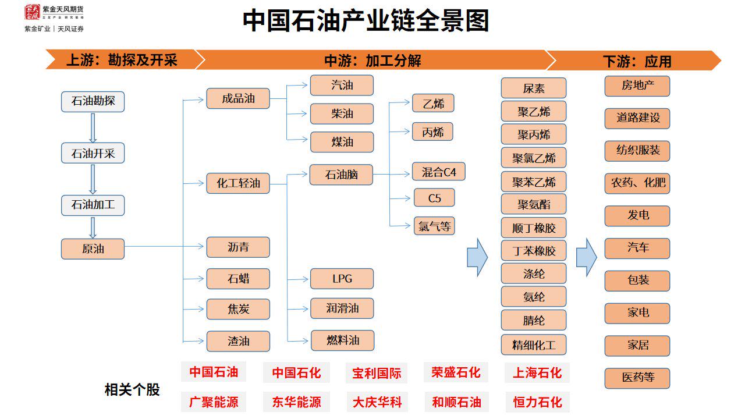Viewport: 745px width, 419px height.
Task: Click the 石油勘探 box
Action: (x=93, y=101)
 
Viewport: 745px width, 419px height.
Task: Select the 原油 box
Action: (x=93, y=249)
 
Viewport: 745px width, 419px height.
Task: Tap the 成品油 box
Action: (x=238, y=98)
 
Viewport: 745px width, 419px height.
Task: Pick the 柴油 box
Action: (x=342, y=114)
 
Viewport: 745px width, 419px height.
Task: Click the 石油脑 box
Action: (x=341, y=175)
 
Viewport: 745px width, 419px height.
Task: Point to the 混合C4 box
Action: (x=438, y=172)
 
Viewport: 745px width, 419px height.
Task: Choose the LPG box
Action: (x=342, y=279)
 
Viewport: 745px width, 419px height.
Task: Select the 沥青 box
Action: (x=238, y=247)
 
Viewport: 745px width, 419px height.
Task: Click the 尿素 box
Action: (x=533, y=88)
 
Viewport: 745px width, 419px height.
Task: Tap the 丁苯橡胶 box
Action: (x=533, y=251)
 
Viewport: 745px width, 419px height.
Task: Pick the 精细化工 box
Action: (x=533, y=345)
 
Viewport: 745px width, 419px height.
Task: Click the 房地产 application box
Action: (x=637, y=86)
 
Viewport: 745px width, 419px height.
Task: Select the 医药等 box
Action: (x=637, y=378)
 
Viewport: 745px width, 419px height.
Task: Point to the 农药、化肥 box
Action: (x=637, y=183)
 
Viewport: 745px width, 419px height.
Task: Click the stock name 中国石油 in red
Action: (x=214, y=372)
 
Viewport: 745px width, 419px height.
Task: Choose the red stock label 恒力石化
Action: (x=537, y=402)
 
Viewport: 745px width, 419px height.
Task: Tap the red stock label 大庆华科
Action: (x=377, y=402)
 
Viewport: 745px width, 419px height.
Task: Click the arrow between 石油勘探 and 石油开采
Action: (x=93, y=127)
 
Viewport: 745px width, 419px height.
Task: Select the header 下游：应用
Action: (x=637, y=61)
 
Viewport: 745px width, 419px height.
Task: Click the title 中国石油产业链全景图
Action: (x=366, y=21)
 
